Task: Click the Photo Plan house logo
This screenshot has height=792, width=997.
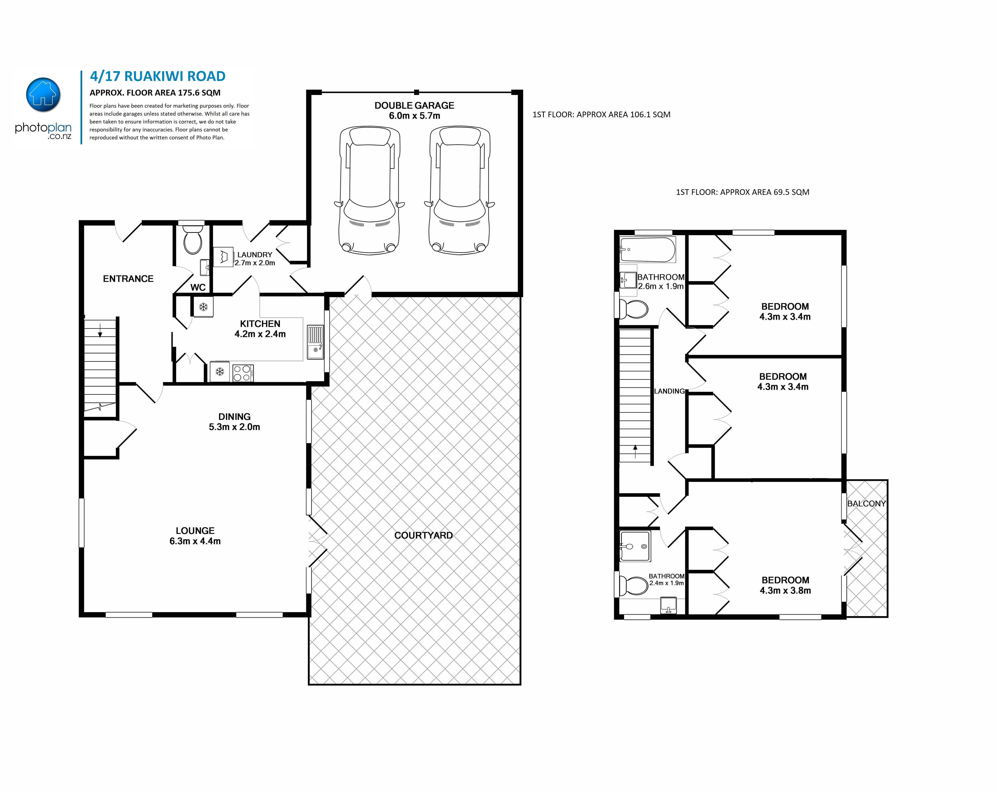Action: [43, 95]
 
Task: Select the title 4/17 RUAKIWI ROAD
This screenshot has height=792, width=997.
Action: [158, 76]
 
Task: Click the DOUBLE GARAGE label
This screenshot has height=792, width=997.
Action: [414, 106]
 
